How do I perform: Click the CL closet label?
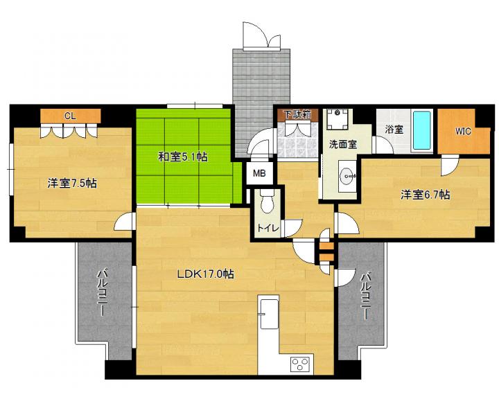pyautogui.click(x=70, y=116)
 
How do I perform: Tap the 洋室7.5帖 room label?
pyautogui.click(x=72, y=184)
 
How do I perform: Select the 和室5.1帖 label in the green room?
pyautogui.click(x=183, y=157)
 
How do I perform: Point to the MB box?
pyautogui.click(x=259, y=173)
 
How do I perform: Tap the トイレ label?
pyautogui.click(x=268, y=228)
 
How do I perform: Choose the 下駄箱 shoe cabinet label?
pyautogui.click(x=297, y=114)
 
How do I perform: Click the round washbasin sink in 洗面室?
pyautogui.click(x=347, y=175)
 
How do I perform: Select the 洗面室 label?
pyautogui.click(x=343, y=145)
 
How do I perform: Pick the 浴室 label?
pyautogui.click(x=394, y=130)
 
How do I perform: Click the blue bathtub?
pyautogui.click(x=422, y=132)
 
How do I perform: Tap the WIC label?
pyautogui.click(x=463, y=131)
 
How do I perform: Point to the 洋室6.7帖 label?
pyautogui.click(x=425, y=195)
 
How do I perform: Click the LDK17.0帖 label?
pyautogui.click(x=206, y=274)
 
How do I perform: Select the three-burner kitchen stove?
pyautogui.click(x=300, y=364)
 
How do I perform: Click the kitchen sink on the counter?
pyautogui.click(x=269, y=313)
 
